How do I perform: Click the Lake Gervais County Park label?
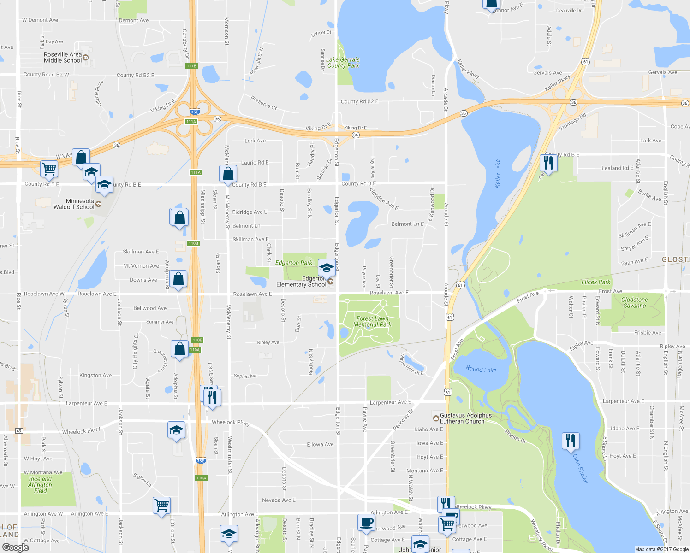click(343, 63)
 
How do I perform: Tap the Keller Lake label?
click(498, 173)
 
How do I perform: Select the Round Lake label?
click(481, 369)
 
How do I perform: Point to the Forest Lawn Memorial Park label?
click(372, 322)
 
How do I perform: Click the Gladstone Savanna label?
click(635, 303)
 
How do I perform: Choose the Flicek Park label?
click(595, 282)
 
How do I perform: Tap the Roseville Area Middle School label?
click(63, 58)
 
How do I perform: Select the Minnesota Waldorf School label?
click(74, 204)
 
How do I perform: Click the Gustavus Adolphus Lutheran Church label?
click(465, 418)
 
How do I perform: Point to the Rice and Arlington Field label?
click(40, 485)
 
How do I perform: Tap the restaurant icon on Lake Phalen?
click(571, 441)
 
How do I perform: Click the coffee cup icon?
click(366, 523)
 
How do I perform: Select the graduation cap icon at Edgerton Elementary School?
click(327, 268)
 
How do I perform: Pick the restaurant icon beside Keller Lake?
click(548, 163)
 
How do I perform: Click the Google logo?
click(15, 547)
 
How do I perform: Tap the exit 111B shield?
click(191, 66)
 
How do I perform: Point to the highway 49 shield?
click(18, 431)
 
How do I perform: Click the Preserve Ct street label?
click(263, 102)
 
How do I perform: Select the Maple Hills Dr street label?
click(411, 365)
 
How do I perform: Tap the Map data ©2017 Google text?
click(661, 549)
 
